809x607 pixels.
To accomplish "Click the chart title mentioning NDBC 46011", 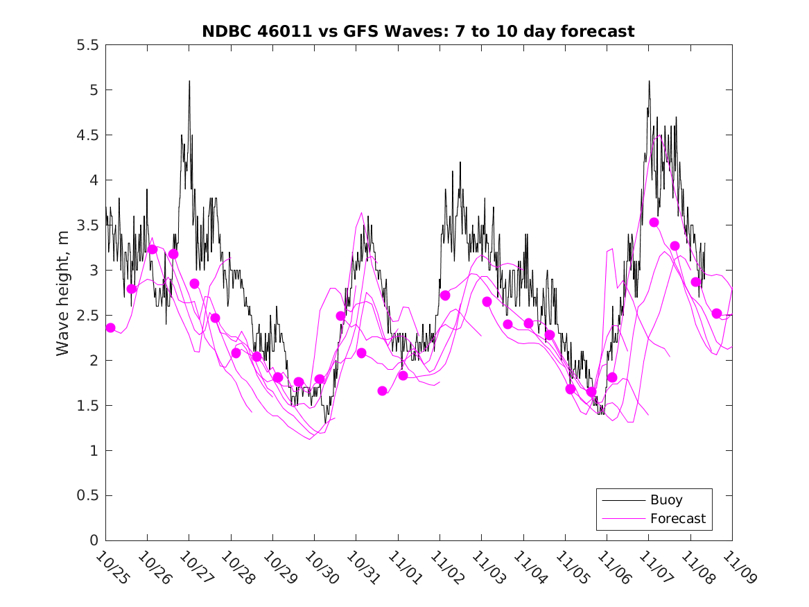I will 418,31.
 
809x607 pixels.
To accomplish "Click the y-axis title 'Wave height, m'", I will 63,292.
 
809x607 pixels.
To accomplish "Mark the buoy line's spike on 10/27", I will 189,81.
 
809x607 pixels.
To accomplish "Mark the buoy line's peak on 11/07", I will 649,81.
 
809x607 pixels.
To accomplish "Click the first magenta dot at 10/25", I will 110,327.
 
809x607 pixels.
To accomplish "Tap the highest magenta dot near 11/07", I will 654,222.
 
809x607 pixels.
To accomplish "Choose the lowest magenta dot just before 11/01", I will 382,391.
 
